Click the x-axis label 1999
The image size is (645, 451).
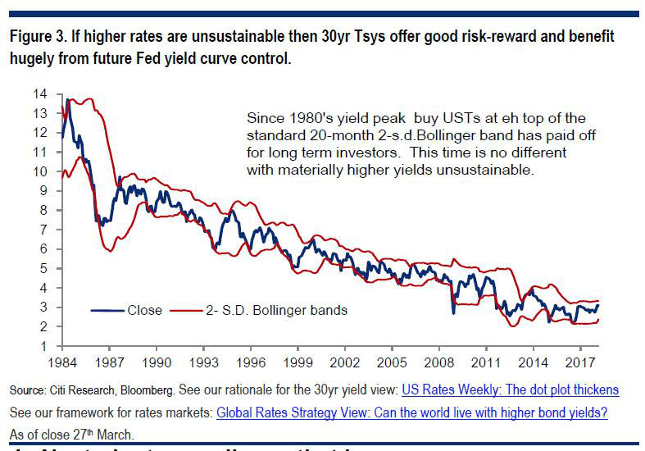[x=303, y=362]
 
